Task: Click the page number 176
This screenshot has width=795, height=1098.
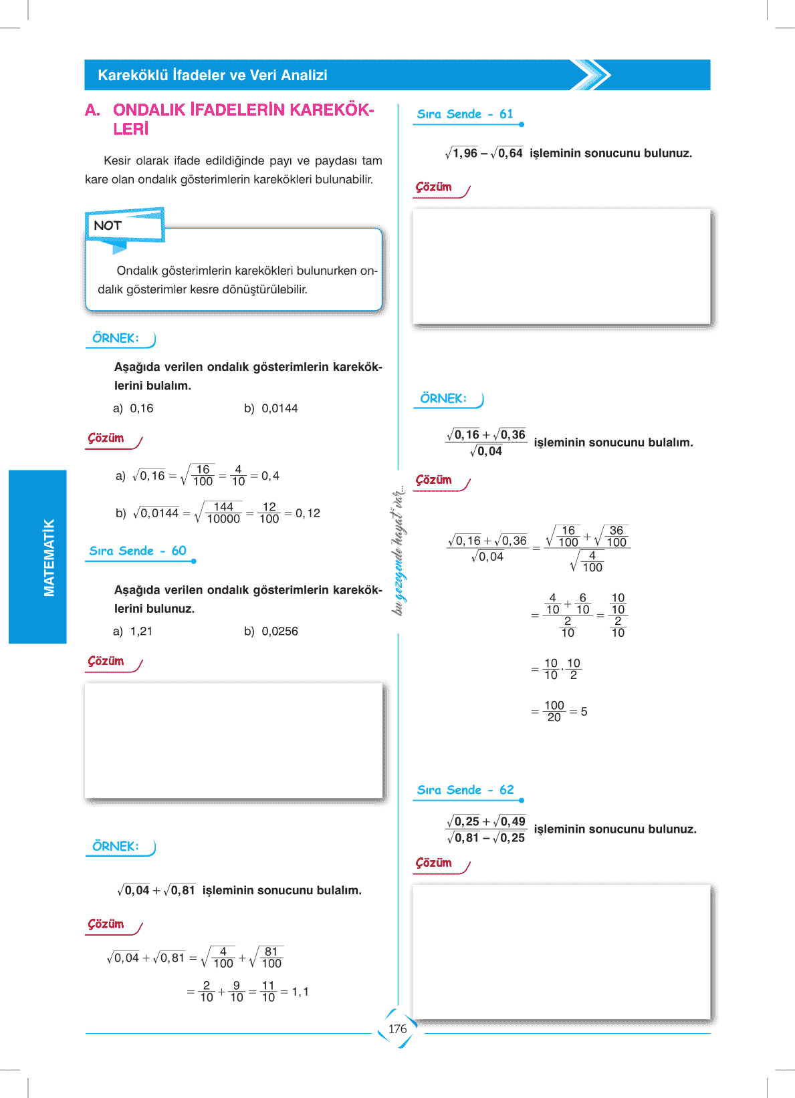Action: (x=397, y=1028)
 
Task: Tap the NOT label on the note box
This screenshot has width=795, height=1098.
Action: (x=108, y=225)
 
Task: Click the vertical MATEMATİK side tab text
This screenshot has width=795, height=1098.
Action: (x=49, y=557)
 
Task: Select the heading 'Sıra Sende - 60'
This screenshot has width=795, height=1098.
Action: (x=138, y=551)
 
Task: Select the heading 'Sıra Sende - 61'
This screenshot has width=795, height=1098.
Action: (x=465, y=114)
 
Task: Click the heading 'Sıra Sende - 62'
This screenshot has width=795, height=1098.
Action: (x=465, y=790)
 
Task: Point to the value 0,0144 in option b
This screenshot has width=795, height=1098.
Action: (x=279, y=408)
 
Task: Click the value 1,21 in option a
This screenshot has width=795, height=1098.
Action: (x=141, y=631)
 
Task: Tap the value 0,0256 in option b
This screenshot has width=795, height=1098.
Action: (x=279, y=631)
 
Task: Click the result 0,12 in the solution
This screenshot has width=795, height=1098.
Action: (x=308, y=513)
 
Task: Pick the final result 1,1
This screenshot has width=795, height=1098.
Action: (x=300, y=992)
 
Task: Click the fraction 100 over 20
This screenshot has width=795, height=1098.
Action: (x=554, y=712)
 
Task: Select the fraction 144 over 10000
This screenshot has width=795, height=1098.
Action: (x=223, y=513)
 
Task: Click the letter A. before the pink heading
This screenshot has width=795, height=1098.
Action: (x=92, y=110)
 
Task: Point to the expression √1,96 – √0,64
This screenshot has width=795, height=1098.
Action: (x=484, y=154)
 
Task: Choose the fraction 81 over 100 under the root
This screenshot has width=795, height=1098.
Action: (x=271, y=958)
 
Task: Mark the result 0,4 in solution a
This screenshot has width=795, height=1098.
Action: (x=270, y=476)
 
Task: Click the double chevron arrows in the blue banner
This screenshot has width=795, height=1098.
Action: (x=591, y=75)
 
